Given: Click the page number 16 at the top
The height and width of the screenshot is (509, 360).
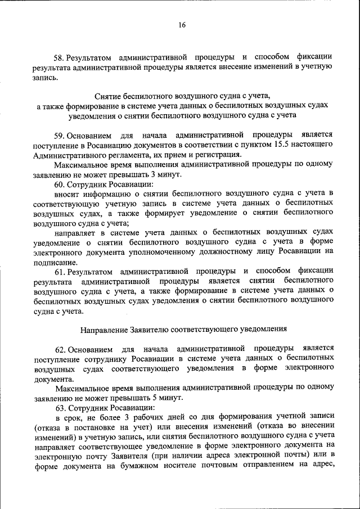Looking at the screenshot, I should click(182, 25).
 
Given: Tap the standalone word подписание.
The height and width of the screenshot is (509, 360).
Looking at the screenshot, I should click(55, 262).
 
